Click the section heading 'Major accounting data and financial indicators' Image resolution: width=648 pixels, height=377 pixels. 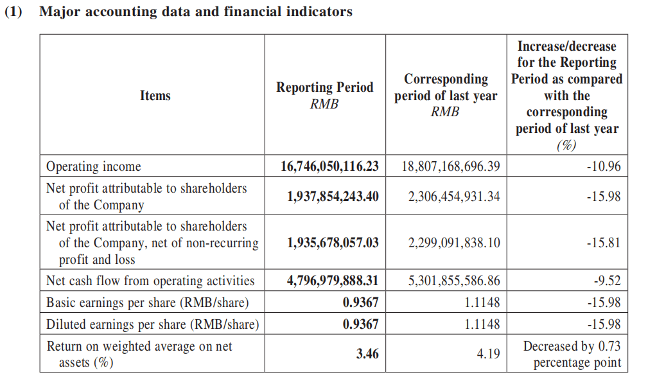point(196,12)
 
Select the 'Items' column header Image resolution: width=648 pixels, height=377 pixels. point(155,96)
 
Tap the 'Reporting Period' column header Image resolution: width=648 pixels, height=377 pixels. point(325,95)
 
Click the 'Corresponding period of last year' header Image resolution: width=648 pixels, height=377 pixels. point(446,95)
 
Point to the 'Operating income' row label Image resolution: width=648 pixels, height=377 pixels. point(93,166)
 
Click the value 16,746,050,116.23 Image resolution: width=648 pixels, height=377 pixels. point(330,166)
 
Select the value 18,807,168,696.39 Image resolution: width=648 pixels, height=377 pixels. point(451,166)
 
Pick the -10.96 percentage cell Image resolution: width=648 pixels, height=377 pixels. point(604,166)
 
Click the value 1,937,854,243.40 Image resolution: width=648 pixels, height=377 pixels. point(333,196)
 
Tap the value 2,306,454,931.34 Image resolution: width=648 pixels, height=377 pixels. point(454,196)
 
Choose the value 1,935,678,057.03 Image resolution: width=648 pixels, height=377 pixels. point(333,242)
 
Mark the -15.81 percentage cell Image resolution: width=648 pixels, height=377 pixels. point(604,242)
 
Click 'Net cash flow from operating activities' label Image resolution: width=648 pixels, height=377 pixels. point(150,281)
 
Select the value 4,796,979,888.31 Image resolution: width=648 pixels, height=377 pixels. point(333,281)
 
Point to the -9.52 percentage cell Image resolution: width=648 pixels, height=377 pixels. point(608,281)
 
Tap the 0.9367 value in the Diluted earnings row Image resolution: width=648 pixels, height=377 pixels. point(361,324)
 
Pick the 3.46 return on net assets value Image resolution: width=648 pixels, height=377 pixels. point(367,354)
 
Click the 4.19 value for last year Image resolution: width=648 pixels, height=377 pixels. point(489,354)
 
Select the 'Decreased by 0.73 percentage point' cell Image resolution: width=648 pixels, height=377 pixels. point(572,354)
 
